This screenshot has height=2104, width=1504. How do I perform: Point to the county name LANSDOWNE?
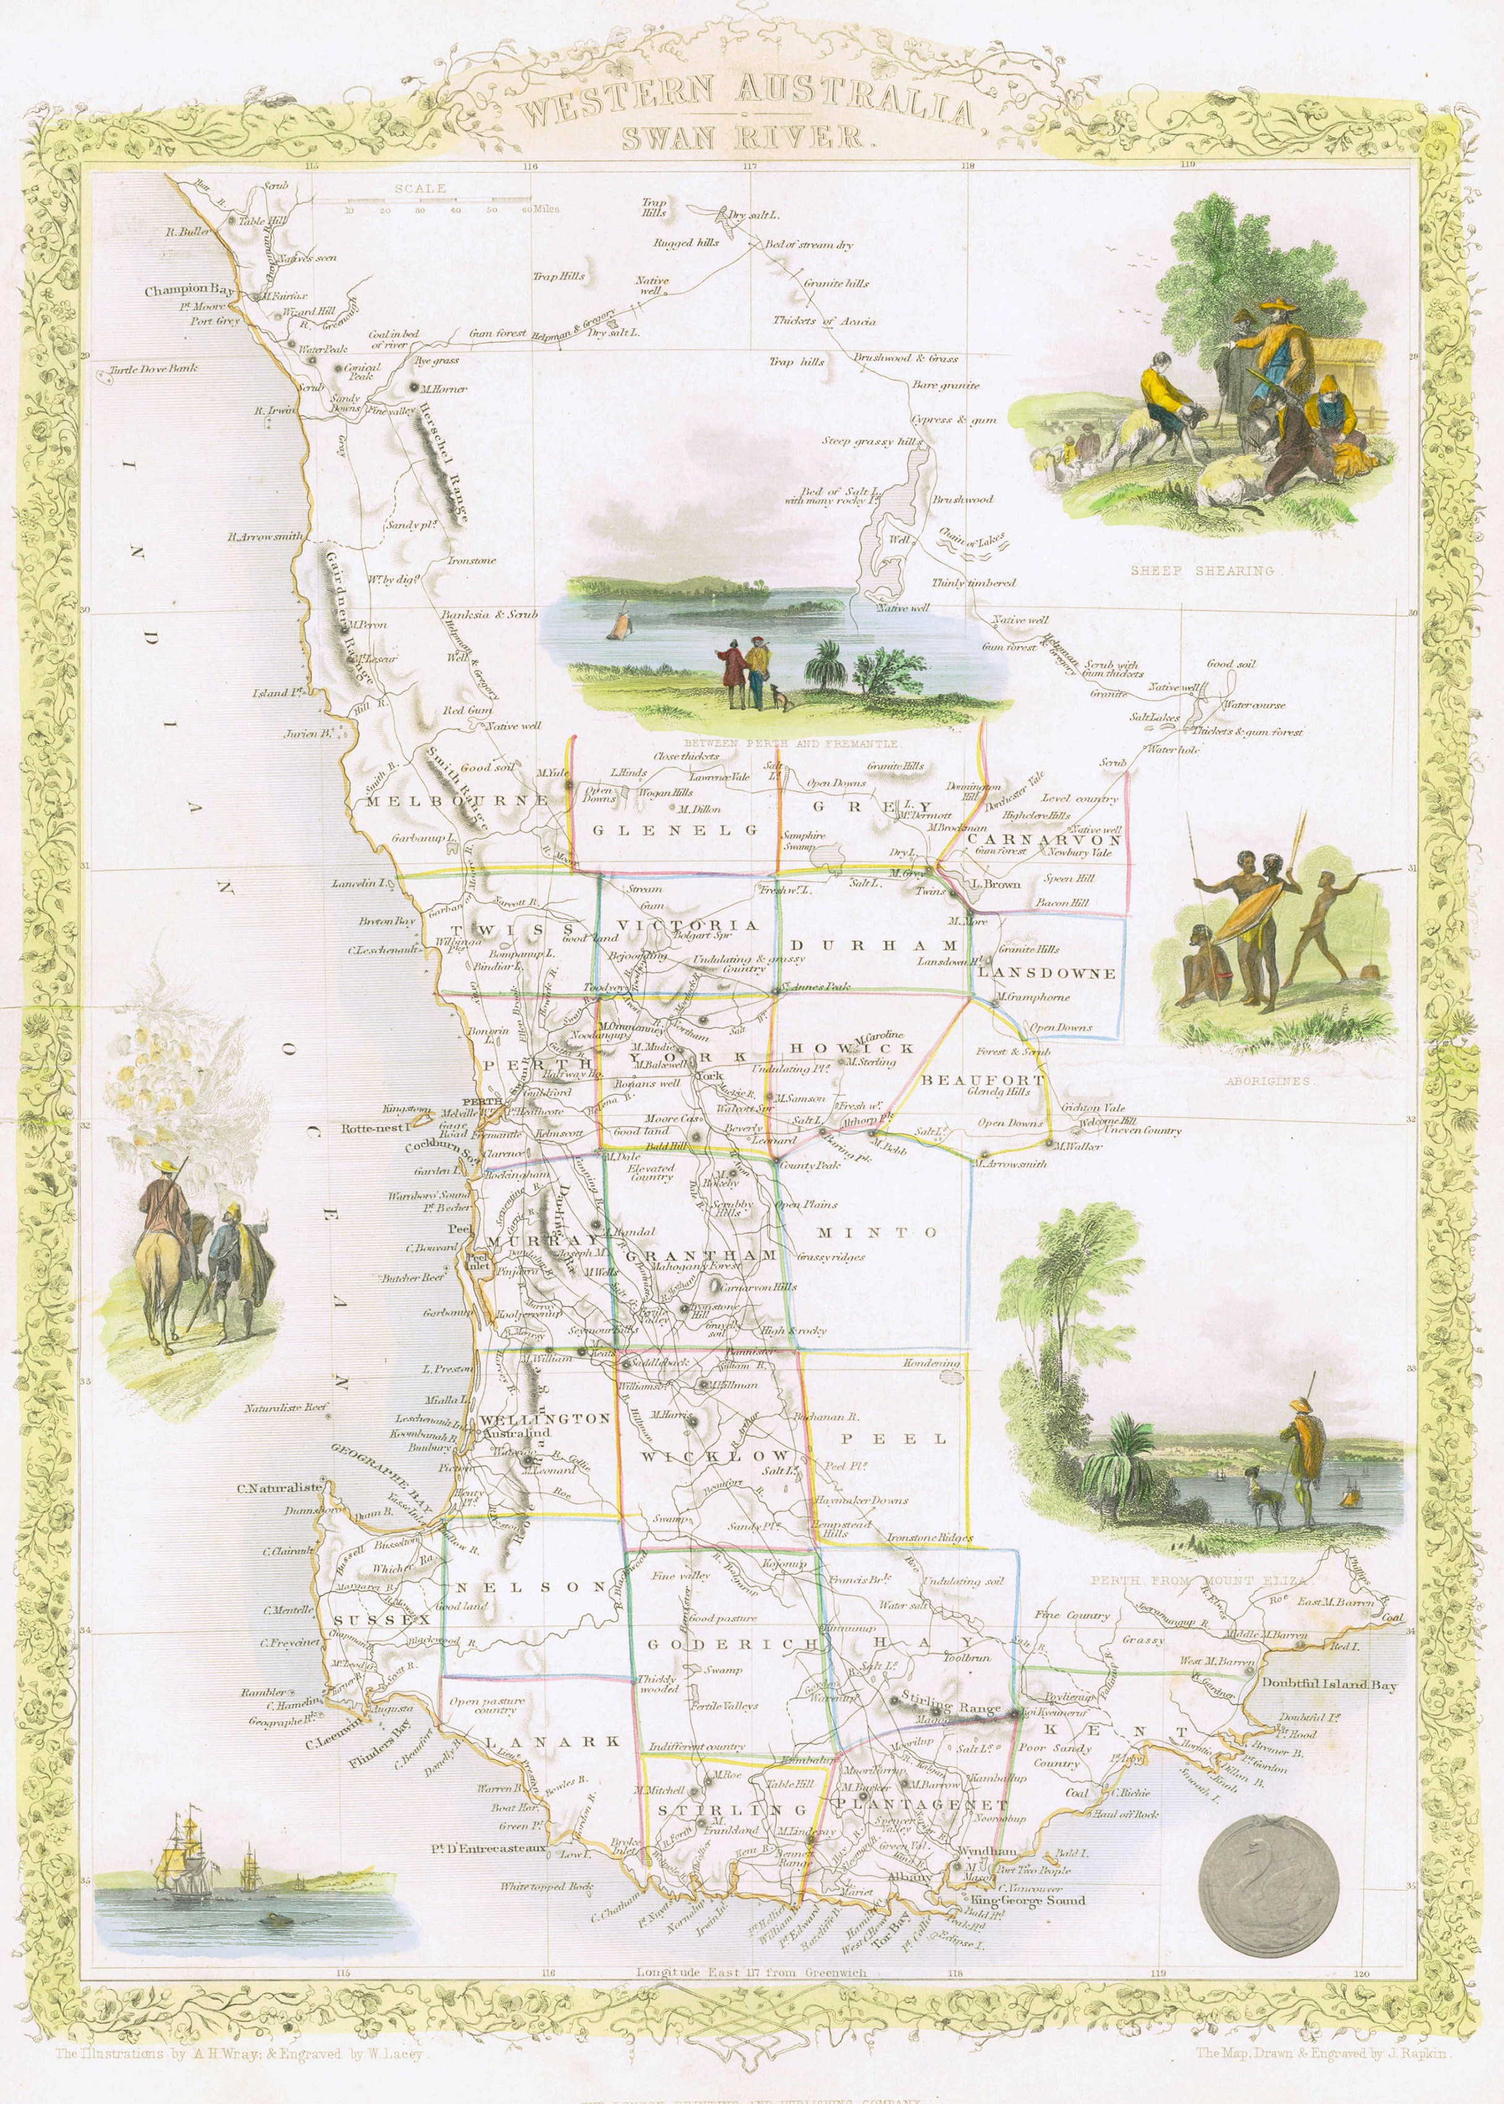1046,973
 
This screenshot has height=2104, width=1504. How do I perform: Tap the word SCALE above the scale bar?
421,188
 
